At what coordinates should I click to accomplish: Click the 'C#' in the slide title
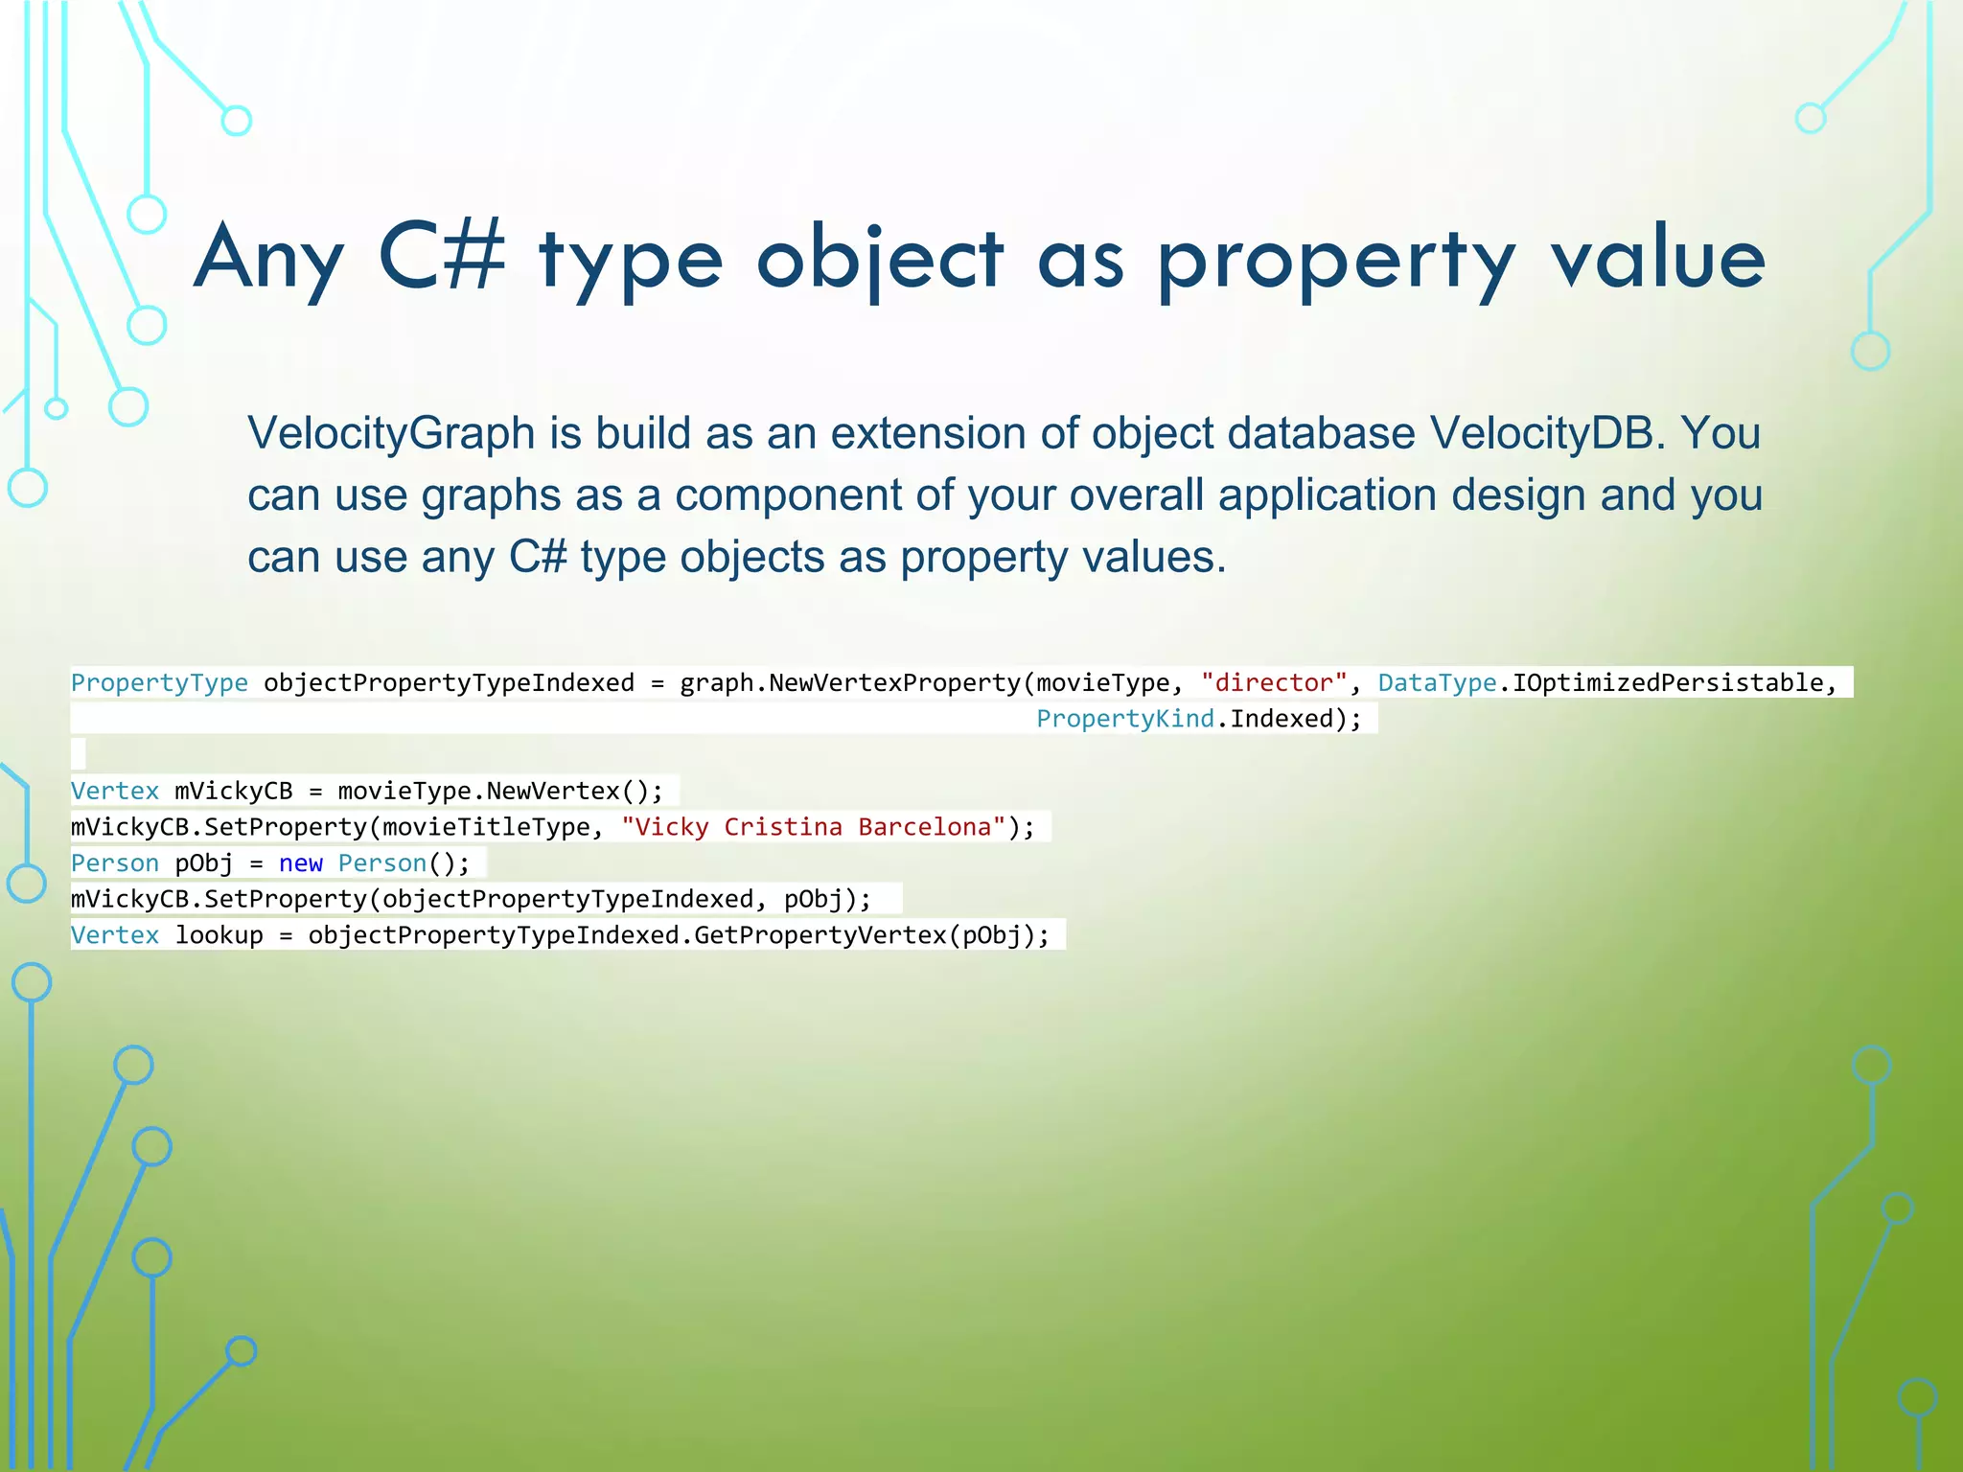tap(442, 257)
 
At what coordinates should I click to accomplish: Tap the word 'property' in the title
tap(1336, 261)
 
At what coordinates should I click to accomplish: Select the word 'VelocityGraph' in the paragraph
tap(391, 433)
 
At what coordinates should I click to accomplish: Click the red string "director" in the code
tap(1275, 682)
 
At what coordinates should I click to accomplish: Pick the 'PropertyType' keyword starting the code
tap(159, 682)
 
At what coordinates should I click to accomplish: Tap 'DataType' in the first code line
tap(1437, 682)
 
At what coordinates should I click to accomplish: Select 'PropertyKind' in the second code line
tap(1125, 719)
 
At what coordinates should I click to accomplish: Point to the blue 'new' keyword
tap(301, 863)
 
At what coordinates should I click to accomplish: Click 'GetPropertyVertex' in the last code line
tap(820, 935)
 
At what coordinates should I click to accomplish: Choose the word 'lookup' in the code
tap(219, 935)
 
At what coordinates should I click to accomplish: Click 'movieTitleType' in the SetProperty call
tap(486, 827)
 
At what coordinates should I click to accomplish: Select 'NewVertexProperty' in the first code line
tap(894, 682)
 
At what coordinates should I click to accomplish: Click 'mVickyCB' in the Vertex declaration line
tap(234, 792)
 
